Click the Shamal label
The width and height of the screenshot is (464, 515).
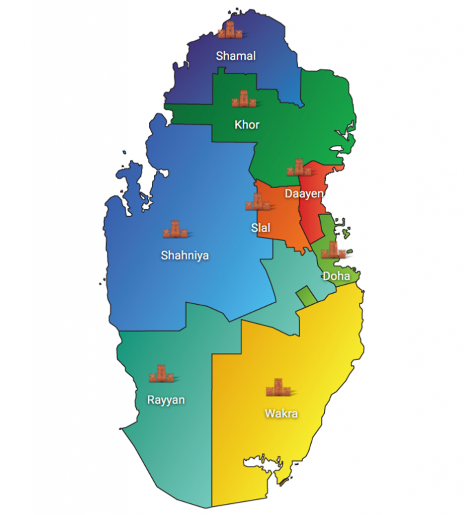(236, 56)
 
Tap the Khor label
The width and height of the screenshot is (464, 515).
(247, 124)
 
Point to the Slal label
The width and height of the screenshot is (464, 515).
(260, 228)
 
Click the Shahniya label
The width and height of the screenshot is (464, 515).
(185, 255)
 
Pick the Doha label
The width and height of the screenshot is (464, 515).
(336, 276)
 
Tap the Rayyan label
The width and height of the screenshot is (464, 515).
(165, 400)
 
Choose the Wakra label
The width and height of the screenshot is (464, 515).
(281, 414)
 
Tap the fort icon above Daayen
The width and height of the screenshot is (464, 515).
(299, 168)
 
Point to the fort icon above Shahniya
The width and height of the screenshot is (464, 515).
(175, 229)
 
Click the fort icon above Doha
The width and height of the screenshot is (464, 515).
(333, 250)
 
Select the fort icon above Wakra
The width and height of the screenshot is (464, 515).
(278, 387)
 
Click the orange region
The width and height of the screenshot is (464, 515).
(282, 216)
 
